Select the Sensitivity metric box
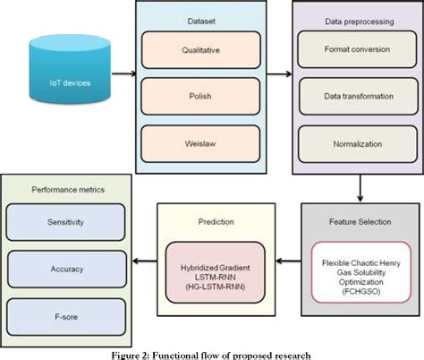point(64,221)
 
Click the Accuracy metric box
point(64,267)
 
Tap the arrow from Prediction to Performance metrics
point(142,262)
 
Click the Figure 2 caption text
point(211,354)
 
